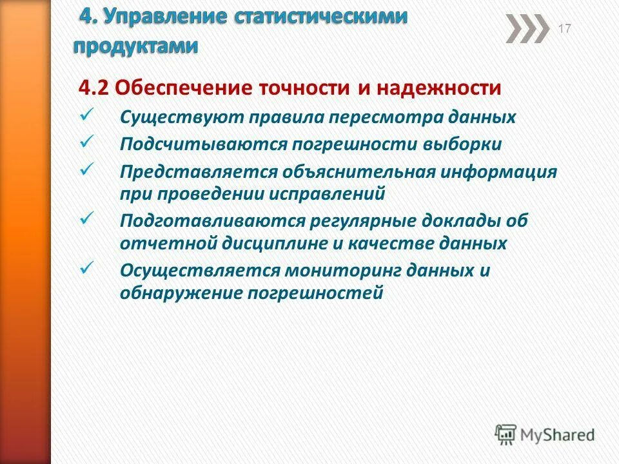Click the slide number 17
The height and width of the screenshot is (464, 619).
click(564, 28)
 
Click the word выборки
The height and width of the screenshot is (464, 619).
click(469, 144)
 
